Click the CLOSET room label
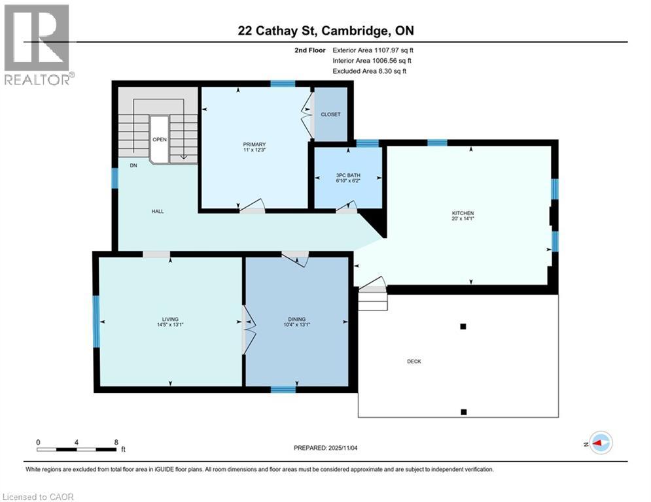pyautogui.click(x=330, y=114)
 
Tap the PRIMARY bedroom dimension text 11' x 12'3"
pyautogui.click(x=254, y=150)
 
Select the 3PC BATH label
pyautogui.click(x=348, y=175)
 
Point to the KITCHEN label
pyautogui.click(x=463, y=213)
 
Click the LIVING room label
pyautogui.click(x=170, y=320)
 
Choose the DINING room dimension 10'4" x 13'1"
pyautogui.click(x=297, y=325)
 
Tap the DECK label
pyautogui.click(x=414, y=361)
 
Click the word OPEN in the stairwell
pyautogui.click(x=160, y=139)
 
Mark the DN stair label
pyautogui.click(x=133, y=165)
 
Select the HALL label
pyautogui.click(x=158, y=211)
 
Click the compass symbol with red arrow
pyautogui.click(x=601, y=443)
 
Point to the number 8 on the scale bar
pyautogui.click(x=116, y=443)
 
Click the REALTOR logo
pyautogui.click(x=38, y=44)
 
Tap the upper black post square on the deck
pyautogui.click(x=463, y=327)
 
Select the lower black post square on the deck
pyautogui.click(x=464, y=412)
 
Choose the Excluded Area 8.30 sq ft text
pyautogui.click(x=370, y=71)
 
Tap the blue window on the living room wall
pyautogui.click(x=96, y=321)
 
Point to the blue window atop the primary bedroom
pyautogui.click(x=283, y=84)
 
